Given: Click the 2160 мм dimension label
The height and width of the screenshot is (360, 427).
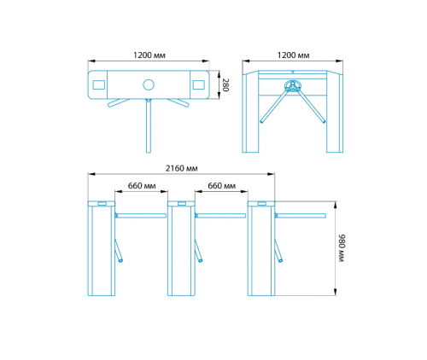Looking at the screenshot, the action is (181, 168).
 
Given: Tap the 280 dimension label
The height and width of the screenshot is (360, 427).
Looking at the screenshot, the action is (225, 85).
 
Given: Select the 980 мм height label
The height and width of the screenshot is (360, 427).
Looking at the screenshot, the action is (341, 248).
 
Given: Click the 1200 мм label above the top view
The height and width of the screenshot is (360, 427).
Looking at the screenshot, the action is (149, 55).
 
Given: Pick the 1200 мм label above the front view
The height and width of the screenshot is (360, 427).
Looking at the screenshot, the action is (293, 55).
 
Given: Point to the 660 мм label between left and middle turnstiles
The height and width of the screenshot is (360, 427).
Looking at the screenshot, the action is (142, 186).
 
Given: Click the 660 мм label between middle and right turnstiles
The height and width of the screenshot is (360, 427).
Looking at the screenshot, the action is (221, 186).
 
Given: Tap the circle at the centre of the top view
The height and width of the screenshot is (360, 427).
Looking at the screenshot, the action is (149, 84).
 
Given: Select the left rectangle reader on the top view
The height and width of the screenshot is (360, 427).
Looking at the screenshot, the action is (99, 84).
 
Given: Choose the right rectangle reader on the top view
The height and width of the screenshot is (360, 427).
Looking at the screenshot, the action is (198, 84).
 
